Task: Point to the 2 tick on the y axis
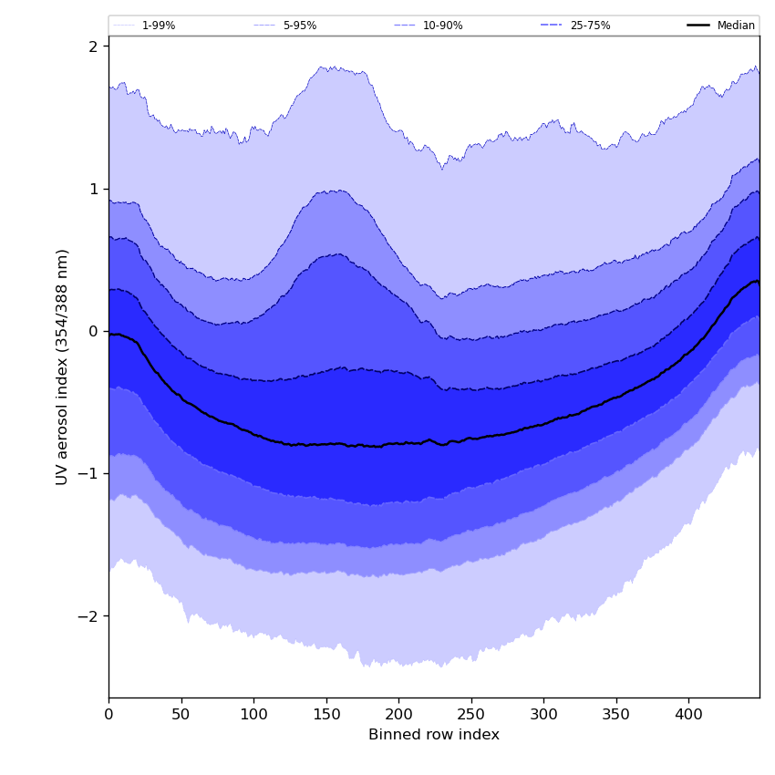tap(92, 46)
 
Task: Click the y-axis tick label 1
tap(92, 189)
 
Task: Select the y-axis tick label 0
tap(92, 331)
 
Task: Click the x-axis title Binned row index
tap(434, 735)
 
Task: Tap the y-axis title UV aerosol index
tap(62, 367)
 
